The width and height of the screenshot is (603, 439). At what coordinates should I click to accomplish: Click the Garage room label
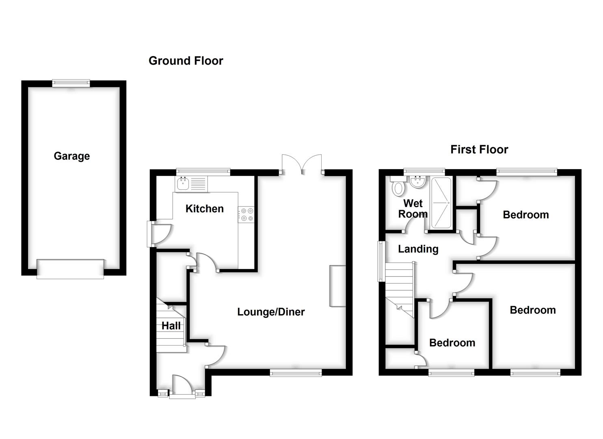click(x=71, y=156)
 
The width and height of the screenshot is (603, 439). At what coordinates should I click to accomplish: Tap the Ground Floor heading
click(x=186, y=61)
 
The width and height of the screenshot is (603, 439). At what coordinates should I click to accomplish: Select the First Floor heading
click(x=479, y=150)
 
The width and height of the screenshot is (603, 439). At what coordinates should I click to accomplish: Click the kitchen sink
click(x=183, y=184)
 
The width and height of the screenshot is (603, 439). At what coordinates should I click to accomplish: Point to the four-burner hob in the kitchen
click(x=246, y=214)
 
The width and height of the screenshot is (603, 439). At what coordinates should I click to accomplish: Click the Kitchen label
click(x=204, y=209)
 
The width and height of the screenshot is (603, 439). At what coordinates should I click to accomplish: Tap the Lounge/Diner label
click(x=271, y=312)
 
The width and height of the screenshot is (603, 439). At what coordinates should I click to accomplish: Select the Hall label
click(x=171, y=326)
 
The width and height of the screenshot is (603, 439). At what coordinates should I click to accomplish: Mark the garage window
click(x=71, y=83)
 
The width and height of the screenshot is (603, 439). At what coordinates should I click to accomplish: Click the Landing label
click(x=418, y=249)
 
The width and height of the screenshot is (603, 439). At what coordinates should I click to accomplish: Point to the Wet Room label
click(x=413, y=209)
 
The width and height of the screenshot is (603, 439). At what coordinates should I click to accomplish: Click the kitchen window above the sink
click(x=203, y=172)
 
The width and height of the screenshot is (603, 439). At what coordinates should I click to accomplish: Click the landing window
click(x=382, y=261)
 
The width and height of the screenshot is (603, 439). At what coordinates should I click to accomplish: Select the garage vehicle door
click(x=70, y=269)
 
